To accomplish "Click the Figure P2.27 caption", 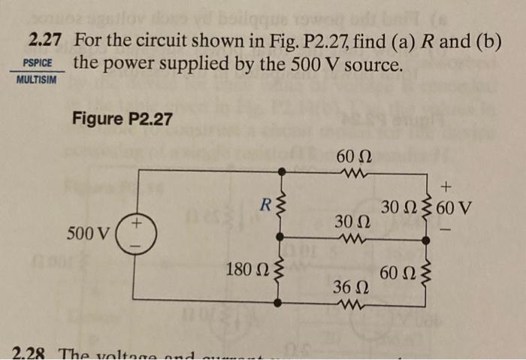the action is (x=122, y=118).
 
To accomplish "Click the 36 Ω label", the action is (x=348, y=288).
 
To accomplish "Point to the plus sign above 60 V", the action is (x=448, y=183).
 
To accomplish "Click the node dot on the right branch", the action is (x=428, y=241).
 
